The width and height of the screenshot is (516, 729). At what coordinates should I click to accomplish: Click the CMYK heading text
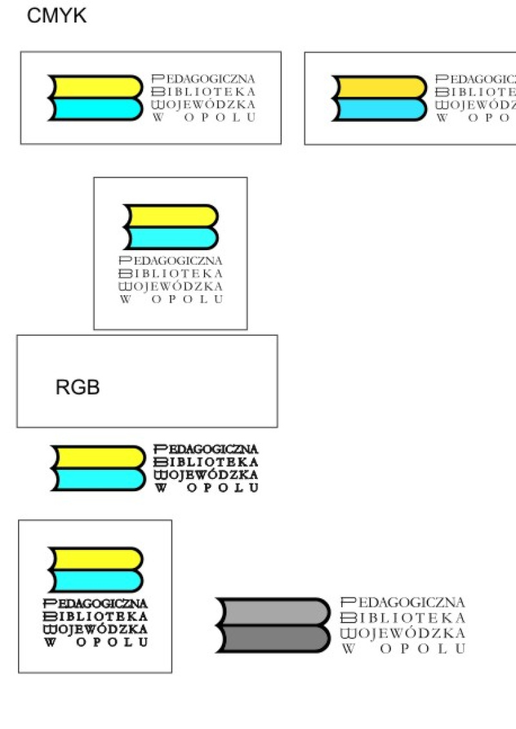tap(57, 17)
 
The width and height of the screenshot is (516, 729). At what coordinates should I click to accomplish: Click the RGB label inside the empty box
tap(77, 387)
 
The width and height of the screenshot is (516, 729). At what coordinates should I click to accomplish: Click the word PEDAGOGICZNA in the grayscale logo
tap(402, 603)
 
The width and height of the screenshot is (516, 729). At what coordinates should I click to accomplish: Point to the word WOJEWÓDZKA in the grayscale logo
tap(402, 634)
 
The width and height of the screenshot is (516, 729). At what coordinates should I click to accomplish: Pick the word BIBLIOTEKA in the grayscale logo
tap(402, 618)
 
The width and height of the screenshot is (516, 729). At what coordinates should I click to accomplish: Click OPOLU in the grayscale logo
tap(422, 649)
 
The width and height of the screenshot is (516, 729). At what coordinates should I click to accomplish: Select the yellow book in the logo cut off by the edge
tap(378, 86)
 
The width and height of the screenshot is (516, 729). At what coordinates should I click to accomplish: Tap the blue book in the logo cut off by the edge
tap(378, 109)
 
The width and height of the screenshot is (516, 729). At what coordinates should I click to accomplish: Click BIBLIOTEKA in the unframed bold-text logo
tap(206, 462)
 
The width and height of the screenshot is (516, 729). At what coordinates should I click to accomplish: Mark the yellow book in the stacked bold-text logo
tap(94, 558)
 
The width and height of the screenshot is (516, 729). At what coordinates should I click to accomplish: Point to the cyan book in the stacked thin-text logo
tap(169, 238)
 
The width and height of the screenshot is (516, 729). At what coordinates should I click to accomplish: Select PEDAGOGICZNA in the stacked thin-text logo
tap(171, 260)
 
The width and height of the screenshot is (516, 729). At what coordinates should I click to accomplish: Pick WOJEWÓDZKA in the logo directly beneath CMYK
tap(203, 104)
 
